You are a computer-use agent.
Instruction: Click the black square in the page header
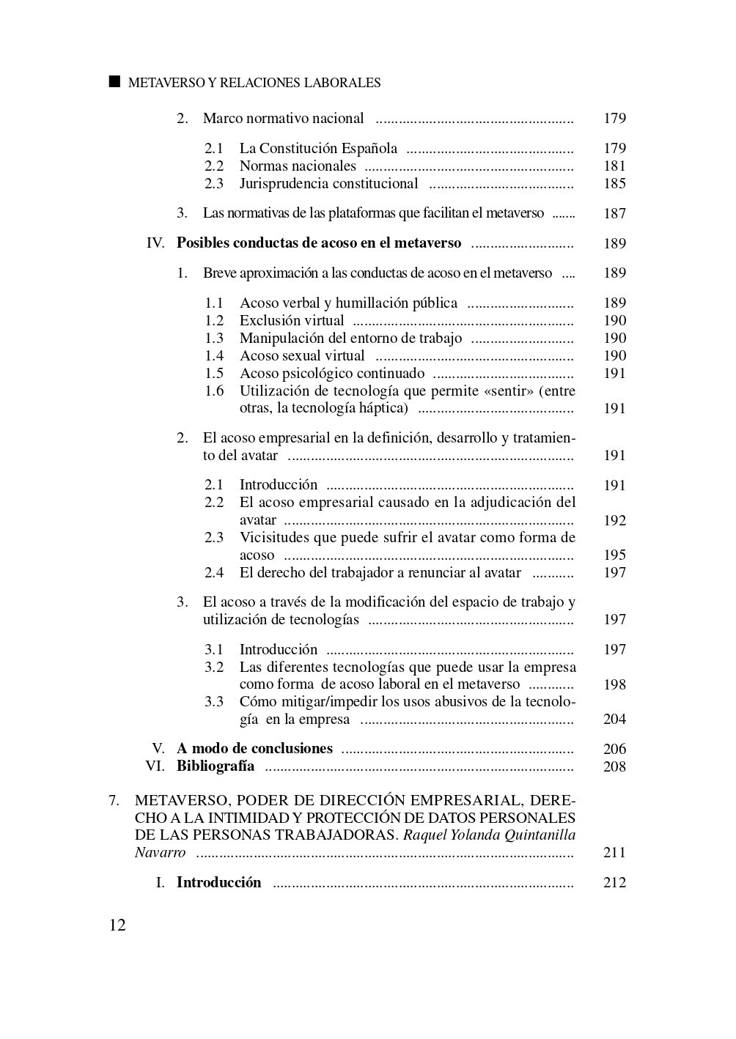coord(114,81)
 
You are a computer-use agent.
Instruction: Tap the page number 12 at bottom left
coord(117,925)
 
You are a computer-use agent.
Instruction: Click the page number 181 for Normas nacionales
coord(614,166)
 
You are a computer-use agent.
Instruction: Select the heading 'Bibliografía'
coord(216,766)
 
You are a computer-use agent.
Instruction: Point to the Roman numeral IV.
coord(155,243)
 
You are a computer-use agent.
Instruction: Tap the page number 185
coord(614,184)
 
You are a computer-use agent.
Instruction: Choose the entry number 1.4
coord(214,356)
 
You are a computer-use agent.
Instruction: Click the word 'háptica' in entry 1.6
coord(380,409)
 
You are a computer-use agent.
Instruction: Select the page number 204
coord(614,720)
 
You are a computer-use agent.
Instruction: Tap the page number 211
coord(614,853)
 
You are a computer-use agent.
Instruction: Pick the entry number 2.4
coord(214,573)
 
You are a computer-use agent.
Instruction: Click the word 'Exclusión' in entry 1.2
coord(268,321)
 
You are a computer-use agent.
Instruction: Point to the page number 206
coord(614,749)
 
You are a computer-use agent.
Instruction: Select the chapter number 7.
coord(114,800)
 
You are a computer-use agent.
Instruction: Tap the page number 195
coord(614,555)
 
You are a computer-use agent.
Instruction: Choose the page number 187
coord(614,214)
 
